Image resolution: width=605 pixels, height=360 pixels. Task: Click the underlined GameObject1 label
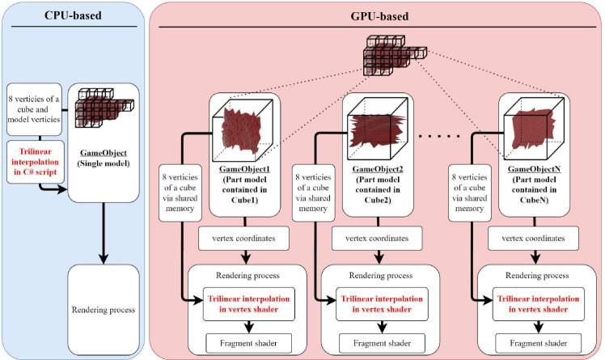point(244,171)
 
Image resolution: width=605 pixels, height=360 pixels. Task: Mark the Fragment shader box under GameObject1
point(246,343)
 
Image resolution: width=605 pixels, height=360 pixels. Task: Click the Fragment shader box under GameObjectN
point(533,343)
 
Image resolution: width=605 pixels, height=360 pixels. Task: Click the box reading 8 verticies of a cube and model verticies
point(32,108)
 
